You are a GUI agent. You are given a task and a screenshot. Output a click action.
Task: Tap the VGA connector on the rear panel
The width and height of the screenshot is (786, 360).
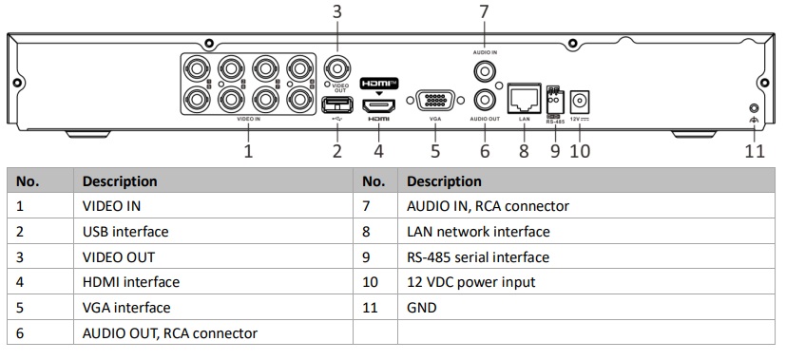click(434, 101)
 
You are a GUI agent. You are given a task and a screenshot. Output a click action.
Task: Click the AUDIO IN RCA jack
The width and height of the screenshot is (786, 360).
click(484, 70)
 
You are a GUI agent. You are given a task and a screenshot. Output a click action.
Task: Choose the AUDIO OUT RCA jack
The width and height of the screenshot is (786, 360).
click(484, 99)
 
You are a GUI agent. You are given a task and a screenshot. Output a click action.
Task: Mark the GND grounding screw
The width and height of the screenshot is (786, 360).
click(754, 110)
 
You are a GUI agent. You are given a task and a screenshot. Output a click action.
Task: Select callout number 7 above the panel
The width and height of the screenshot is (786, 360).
click(484, 12)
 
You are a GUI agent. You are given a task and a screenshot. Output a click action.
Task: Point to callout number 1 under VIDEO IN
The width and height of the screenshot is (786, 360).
click(248, 150)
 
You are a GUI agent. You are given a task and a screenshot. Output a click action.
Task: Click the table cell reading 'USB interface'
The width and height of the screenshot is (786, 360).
click(125, 231)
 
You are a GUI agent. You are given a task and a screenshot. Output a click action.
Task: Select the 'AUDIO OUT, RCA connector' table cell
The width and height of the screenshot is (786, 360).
click(170, 332)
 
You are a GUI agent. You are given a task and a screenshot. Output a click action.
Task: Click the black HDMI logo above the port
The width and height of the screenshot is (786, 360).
click(379, 82)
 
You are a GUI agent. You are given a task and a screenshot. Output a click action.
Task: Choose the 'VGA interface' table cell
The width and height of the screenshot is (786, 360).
click(126, 308)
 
